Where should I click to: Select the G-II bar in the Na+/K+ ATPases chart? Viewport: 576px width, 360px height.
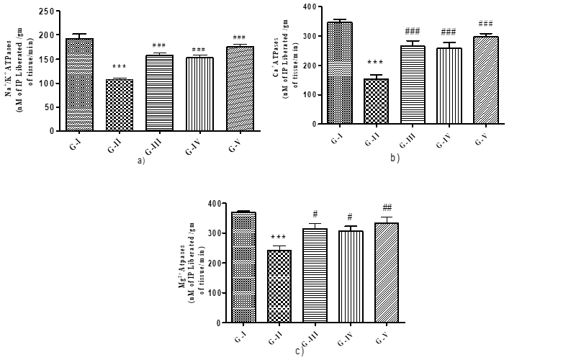point(119,105)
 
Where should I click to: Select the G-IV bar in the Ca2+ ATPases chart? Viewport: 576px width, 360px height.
point(449,86)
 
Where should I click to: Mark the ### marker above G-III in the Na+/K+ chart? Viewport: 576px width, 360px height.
point(158,45)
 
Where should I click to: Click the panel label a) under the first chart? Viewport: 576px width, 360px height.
point(141,160)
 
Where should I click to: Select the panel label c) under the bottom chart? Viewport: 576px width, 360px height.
point(299,351)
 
